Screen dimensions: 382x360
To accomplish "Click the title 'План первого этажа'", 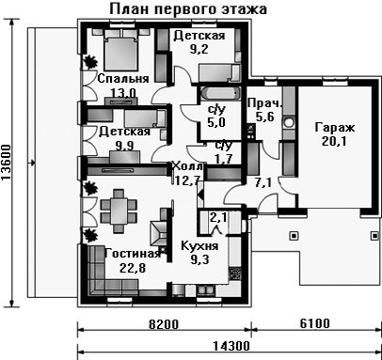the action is [188, 9].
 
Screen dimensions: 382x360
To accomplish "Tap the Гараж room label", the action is [335, 128].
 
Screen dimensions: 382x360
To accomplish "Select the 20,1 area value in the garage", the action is [334, 142].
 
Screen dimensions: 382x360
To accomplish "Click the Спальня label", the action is [123, 78].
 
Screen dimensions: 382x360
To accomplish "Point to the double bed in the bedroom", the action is [120, 50].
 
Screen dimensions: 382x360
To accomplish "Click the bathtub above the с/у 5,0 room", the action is [219, 93].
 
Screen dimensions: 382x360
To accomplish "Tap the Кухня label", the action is [199, 246].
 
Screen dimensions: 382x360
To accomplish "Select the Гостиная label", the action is [133, 253].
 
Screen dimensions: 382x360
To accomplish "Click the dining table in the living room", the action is [119, 211].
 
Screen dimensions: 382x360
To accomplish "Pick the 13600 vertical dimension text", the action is [6, 163].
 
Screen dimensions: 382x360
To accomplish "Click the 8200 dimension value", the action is [164, 324].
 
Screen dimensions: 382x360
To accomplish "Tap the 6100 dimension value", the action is [314, 323].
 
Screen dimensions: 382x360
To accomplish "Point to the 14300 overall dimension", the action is [231, 346].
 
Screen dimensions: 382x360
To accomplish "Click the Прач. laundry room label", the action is [264, 103].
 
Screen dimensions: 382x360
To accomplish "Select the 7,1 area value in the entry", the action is [263, 183].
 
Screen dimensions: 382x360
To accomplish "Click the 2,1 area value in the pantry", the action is [218, 217].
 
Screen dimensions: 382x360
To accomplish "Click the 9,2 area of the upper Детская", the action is [199, 49].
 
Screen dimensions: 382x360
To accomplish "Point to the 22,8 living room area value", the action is [133, 268].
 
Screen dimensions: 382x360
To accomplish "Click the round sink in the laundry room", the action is [289, 122].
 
